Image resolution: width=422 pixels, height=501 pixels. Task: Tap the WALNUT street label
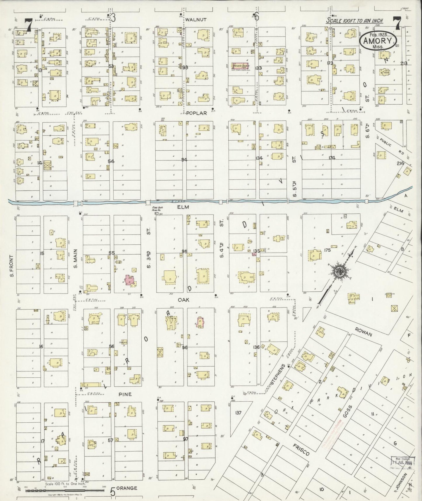(x=196, y=20)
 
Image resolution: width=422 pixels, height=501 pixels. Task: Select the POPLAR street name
(x=197, y=113)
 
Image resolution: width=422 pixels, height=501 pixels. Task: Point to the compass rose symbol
(x=341, y=271)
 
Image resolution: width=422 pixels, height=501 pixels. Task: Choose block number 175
(x=327, y=250)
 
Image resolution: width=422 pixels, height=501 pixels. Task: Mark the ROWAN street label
(x=363, y=331)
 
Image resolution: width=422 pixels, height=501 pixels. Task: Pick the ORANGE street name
(x=127, y=488)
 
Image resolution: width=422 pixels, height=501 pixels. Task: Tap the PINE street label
(x=125, y=394)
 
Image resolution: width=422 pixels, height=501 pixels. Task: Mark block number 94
(x=184, y=160)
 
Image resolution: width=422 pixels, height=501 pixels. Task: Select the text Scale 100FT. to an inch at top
(x=354, y=21)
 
